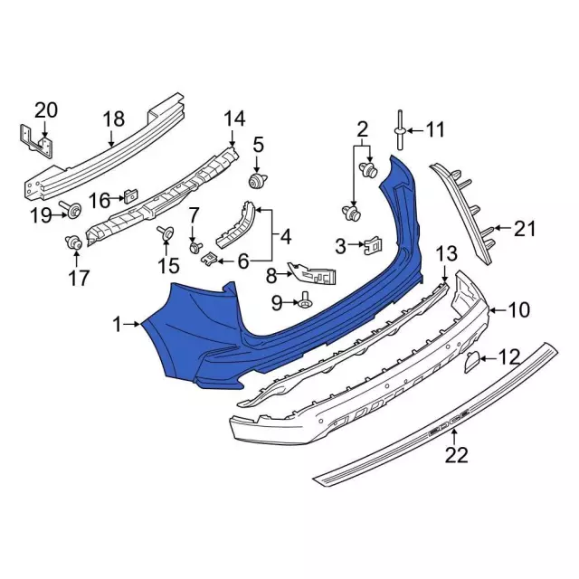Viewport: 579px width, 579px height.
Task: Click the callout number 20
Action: tap(46, 110)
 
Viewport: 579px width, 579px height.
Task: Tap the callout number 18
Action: tap(114, 119)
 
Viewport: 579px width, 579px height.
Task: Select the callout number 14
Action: tap(234, 119)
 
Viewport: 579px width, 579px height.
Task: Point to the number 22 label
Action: tap(456, 454)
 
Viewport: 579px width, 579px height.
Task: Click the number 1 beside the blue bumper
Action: tap(117, 326)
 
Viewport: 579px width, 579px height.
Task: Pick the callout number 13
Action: tap(447, 254)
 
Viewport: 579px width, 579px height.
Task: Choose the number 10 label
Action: tap(518, 309)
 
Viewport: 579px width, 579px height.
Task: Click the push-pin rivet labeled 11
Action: tap(401, 129)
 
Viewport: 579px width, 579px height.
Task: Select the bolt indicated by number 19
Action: tap(71, 209)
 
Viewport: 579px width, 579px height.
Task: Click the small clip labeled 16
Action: tap(130, 195)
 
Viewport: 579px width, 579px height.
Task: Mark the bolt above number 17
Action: tap(74, 242)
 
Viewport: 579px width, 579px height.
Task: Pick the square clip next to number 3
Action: tap(374, 245)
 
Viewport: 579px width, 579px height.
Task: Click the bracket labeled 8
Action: tap(313, 274)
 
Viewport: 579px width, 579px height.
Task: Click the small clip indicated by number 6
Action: tap(209, 257)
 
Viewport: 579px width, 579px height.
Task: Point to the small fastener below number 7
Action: tap(195, 247)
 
